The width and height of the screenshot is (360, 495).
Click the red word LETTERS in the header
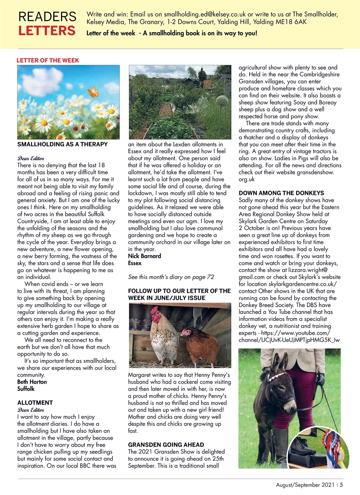pyautogui.click(x=47, y=30)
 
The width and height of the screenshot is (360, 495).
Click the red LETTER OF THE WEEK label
pyautogui.click(x=48, y=60)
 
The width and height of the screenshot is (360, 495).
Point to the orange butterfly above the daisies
pyautogui.click(x=93, y=92)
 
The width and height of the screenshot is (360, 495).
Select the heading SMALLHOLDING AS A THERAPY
pyautogui.click(x=62, y=145)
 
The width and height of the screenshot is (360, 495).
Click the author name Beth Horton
pyautogui.click(x=32, y=382)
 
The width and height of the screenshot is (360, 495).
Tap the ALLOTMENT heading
pyautogui.click(x=35, y=403)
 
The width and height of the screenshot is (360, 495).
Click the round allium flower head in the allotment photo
pyautogui.click(x=222, y=101)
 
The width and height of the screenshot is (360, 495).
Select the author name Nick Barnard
pyautogui.click(x=144, y=256)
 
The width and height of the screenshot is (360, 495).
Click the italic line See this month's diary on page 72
pyautogui.click(x=171, y=277)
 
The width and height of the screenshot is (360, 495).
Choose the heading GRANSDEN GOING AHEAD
pyautogui.click(x=166, y=445)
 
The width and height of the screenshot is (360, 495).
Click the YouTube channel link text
pyautogui.click(x=285, y=336)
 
